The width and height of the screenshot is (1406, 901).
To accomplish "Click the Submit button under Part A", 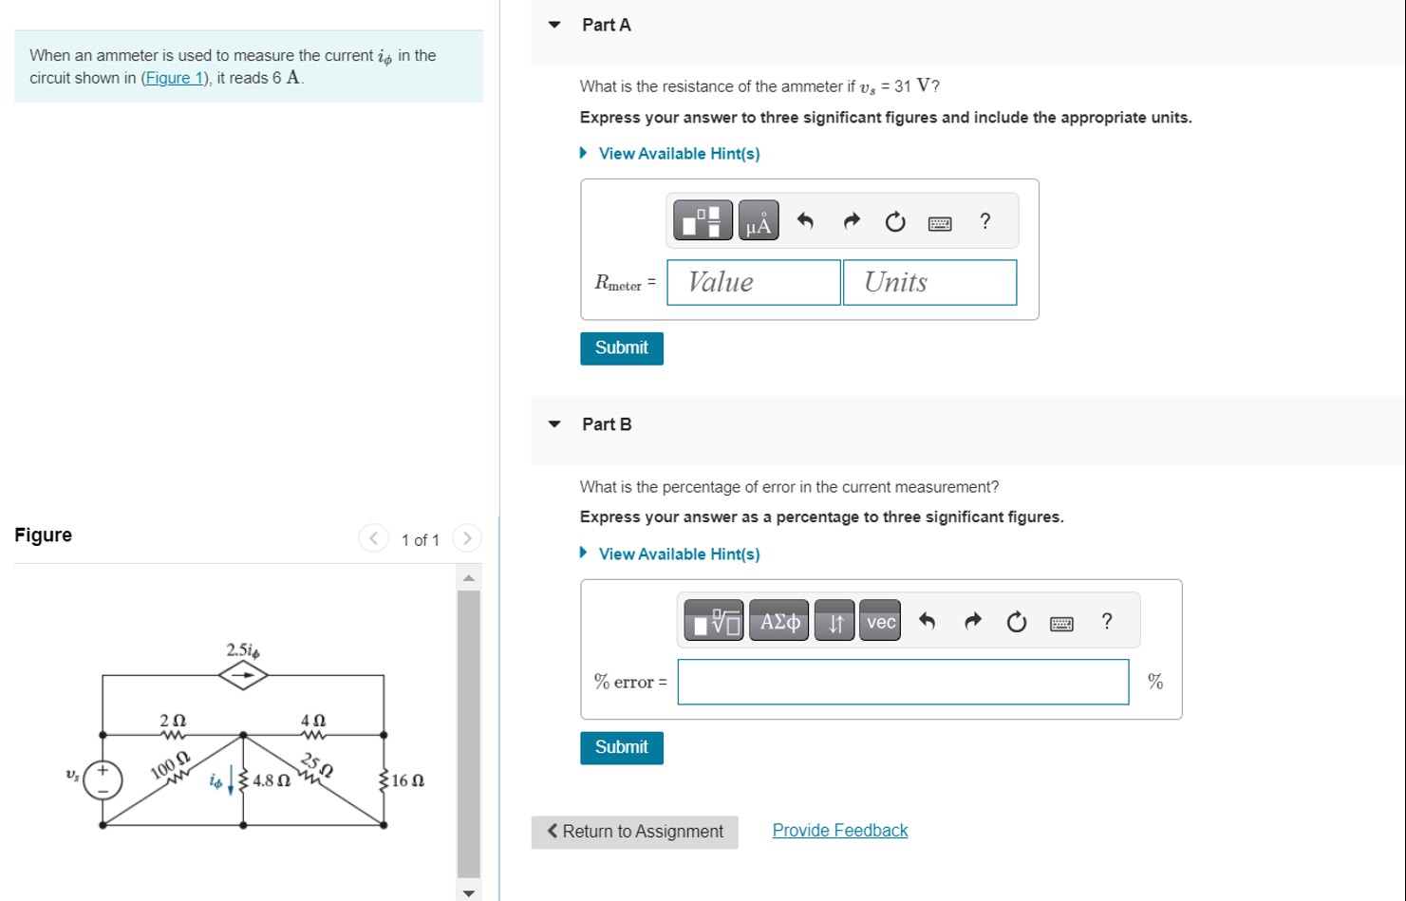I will pos(621,348).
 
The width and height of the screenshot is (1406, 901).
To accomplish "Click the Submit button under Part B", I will pos(621,748).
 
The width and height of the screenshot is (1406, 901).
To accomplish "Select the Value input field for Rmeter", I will pos(753,283).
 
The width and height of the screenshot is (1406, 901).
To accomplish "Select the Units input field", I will pos(928,283).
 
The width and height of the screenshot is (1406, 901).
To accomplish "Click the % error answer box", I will pos(902,682).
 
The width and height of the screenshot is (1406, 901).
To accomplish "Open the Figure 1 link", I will pos(173,78).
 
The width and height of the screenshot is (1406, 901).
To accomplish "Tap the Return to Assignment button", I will pos(634,832).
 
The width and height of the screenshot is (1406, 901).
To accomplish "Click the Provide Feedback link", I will pos(839,831).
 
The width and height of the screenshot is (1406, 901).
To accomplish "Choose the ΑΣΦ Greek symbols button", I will pos(778,622).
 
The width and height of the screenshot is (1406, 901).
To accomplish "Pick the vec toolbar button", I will pos(880,622).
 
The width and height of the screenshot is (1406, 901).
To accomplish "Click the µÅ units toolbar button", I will pos(758,221).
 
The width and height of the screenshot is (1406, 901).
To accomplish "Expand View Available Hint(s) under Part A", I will pos(679,154).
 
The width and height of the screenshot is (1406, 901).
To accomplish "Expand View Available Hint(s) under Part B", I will pos(679,554).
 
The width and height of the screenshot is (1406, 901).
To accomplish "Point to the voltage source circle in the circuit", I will pos(103,779).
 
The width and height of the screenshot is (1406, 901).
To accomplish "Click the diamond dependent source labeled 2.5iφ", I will pos(243,675).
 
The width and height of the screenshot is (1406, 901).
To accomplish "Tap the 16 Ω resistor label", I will pos(407,780).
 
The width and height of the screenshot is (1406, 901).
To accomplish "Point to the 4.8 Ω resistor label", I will pos(271,780).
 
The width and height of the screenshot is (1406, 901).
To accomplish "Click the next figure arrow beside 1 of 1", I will pos(466,538).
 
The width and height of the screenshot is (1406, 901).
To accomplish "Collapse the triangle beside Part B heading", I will pos(554,424).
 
